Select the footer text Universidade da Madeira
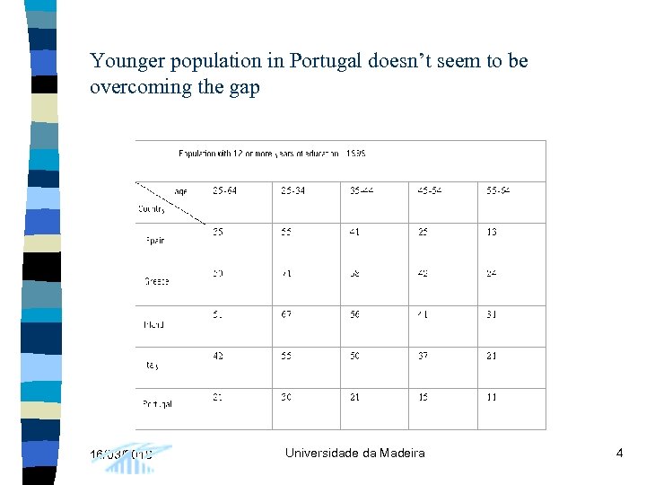[355, 454]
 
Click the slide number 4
[619, 454]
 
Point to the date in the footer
[121, 454]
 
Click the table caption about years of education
[272, 154]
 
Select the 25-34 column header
[292, 190]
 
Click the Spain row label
[155, 241]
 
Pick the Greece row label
[156, 281]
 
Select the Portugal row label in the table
[157, 404]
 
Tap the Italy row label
[152, 366]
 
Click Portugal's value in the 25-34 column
[287, 397]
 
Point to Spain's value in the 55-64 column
[491, 232]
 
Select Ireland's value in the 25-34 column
[287, 314]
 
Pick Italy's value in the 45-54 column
[423, 356]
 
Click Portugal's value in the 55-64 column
[491, 397]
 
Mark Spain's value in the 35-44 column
[354, 232]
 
